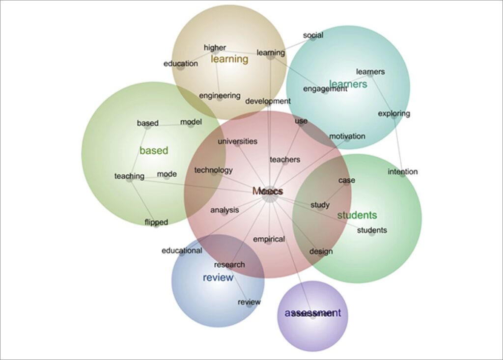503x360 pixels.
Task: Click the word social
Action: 313,35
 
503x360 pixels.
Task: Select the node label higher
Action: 215,48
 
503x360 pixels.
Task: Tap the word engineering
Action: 220,96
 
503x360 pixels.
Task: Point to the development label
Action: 268,101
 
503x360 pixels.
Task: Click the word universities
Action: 237,141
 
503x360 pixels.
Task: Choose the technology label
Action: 213,170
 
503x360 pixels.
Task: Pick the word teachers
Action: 285,160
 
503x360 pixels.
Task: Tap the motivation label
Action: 347,136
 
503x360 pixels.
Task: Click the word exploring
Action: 393,114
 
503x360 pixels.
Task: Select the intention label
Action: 402,172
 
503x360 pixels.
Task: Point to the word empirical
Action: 269,240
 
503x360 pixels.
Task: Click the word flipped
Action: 156,222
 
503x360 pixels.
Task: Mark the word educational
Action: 182,251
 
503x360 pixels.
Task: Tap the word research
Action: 229,265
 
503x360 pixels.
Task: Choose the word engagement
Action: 325,89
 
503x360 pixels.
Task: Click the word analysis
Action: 224,210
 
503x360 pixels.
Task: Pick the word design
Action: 321,252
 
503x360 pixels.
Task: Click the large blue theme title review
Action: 218,278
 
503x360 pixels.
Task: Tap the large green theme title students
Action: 357,215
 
